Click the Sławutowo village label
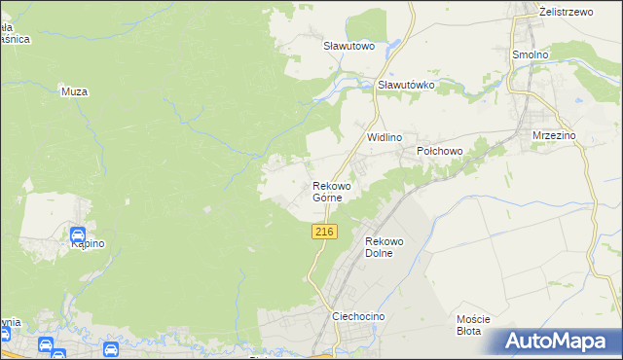349,45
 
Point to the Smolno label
531,54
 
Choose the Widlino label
385,138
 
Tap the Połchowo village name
439,151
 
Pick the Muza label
74,91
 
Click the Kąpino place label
87,244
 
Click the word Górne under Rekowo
327,198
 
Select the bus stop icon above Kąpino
77,234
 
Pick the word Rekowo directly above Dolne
384,241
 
